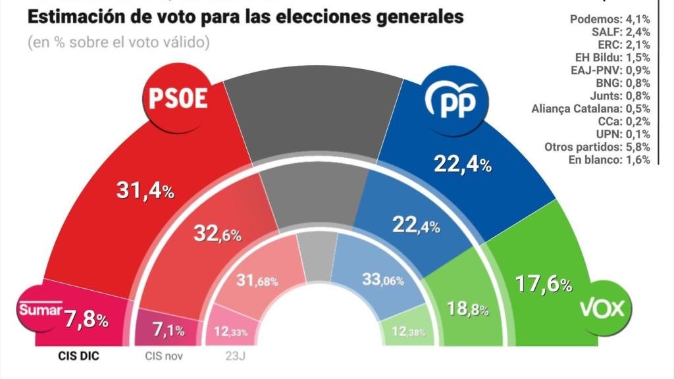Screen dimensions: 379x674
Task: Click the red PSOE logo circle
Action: (178, 99)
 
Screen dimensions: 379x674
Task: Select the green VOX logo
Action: (602, 308)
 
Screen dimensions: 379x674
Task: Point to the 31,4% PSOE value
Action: (144, 191)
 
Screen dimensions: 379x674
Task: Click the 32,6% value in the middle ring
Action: (217, 233)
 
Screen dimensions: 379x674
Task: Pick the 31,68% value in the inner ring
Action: (257, 280)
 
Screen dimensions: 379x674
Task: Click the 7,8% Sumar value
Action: (86, 320)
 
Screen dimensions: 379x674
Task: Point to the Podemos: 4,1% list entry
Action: (609, 19)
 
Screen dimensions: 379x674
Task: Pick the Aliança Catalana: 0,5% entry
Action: (590, 108)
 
